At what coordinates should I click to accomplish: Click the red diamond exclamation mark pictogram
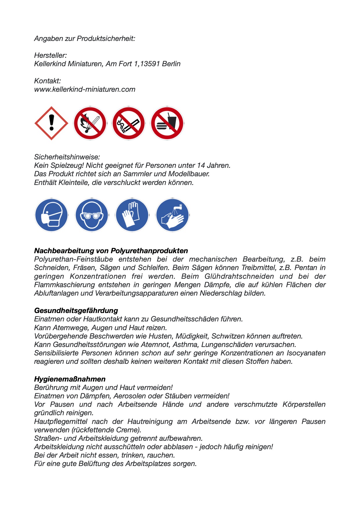coord(51,123)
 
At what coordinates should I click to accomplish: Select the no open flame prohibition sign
coord(90,123)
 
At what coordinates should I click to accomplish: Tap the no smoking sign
coord(129,123)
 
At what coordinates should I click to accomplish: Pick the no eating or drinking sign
coord(167,123)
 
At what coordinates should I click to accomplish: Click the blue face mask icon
coord(51,215)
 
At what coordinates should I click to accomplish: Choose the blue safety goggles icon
coord(92,215)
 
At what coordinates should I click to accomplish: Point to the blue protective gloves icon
coord(132,215)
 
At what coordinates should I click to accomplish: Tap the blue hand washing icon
coord(172,215)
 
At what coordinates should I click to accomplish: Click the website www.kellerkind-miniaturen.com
coord(85,89)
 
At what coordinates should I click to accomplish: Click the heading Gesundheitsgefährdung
coord(76,311)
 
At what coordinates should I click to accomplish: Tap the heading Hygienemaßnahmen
coord(70,379)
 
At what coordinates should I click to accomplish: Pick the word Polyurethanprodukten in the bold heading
coord(149,251)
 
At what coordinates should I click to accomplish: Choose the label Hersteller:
coord(51,55)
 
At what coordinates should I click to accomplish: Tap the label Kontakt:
coord(48,81)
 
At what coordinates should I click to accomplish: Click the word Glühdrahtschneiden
coord(239,276)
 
